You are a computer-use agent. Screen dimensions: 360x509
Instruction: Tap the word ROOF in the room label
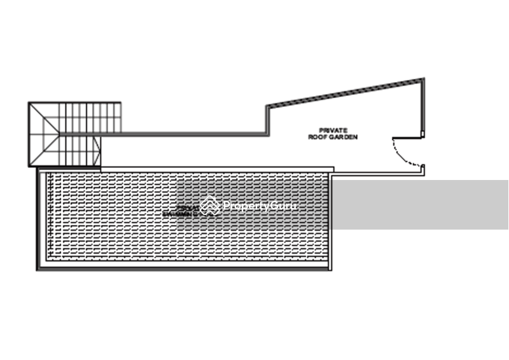point(316,136)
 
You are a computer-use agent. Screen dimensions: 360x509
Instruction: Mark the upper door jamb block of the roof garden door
point(422,134)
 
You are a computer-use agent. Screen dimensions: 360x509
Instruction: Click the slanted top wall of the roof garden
point(344,93)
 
